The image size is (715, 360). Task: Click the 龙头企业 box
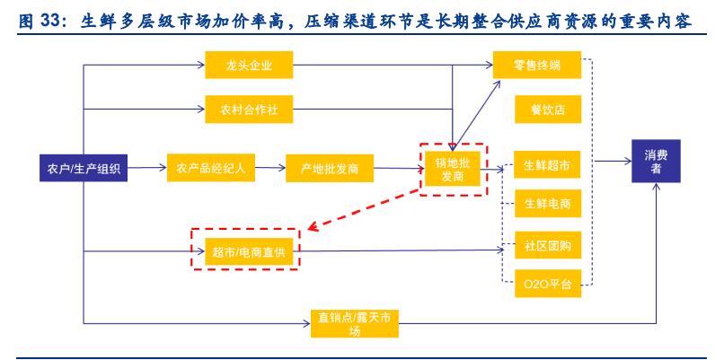tap(237, 65)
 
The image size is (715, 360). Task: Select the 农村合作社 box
tap(237, 110)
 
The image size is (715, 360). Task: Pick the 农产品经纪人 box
tap(211, 167)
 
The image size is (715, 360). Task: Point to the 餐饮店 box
tap(547, 110)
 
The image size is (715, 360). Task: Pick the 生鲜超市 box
tap(547, 165)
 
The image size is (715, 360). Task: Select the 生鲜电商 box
tap(547, 205)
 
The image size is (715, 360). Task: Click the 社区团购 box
tap(547, 245)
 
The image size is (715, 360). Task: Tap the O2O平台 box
tap(547, 285)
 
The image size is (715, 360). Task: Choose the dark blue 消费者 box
tap(655, 162)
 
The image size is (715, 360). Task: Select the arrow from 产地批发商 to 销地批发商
tap(397, 167)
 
